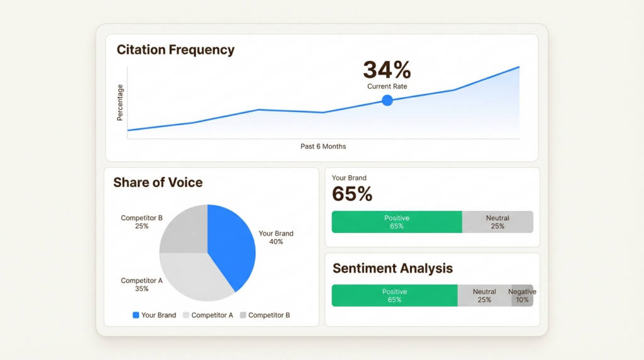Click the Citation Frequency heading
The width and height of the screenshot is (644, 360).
pos(175,50)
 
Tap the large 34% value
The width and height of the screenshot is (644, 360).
pos(387,70)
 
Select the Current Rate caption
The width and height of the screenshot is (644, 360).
pos(387,86)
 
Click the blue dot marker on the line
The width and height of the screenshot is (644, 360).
pos(387,100)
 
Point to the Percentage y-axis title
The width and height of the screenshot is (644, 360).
pos(120,103)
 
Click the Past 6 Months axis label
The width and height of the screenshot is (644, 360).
pos(323,147)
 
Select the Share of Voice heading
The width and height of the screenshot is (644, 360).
pos(158,183)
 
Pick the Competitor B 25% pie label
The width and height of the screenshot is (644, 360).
pos(142,222)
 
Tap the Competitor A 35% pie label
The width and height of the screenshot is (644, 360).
pos(142,284)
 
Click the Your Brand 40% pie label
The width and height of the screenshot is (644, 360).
pos(276,237)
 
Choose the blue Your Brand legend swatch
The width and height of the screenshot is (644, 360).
pos(136,315)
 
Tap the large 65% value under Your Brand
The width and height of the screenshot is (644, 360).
pos(352,194)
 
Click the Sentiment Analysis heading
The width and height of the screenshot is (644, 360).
pos(392,268)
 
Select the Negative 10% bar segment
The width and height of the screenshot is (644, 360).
pos(523,296)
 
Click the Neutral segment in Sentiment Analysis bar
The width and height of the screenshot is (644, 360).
pos(484,296)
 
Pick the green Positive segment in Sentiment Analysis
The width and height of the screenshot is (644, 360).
pos(394,296)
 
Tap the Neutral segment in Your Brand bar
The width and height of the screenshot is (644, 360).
pos(497,222)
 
